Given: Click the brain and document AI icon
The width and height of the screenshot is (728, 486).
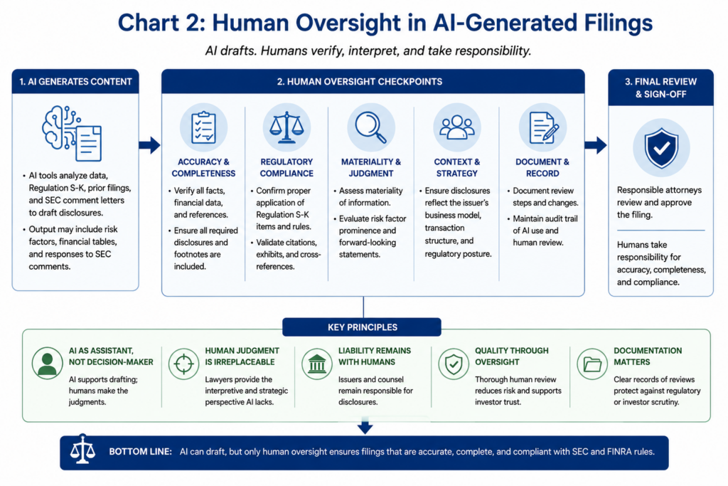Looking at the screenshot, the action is pos(72,133).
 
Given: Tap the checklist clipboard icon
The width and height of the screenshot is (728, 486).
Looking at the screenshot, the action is pos(203,127).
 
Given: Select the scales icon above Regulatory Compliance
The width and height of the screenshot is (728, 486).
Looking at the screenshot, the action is pos(287,127).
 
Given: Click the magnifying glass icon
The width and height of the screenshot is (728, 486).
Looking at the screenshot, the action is pos(370,127).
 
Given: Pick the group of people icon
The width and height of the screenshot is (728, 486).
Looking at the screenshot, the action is pos(457,127).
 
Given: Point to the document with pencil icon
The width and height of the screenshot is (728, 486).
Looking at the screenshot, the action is pos(542,127).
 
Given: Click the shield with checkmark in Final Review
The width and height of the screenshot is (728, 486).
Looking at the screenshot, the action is pos(661,148).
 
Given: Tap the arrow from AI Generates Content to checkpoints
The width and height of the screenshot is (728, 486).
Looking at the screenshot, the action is pos(149,145).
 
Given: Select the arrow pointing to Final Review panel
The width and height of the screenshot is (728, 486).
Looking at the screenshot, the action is pos(596,145).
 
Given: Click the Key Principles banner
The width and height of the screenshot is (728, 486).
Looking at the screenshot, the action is pos(362,327).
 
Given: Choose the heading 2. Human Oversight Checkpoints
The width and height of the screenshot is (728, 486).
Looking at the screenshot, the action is pos(359,82).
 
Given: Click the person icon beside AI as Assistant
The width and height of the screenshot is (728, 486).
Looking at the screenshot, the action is pos(48,364).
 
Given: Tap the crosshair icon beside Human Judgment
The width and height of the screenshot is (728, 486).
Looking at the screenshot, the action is pos(183,364).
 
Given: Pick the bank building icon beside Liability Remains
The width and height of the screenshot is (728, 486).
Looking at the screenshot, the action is pos(317,364).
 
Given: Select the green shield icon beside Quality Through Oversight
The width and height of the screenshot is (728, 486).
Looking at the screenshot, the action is pos(453,364).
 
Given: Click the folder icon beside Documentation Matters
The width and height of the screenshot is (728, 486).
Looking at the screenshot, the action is pos(592,364).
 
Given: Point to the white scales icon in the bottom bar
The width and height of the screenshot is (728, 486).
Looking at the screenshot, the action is pos(82,449).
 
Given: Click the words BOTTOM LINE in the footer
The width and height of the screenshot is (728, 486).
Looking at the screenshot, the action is pos(140,452).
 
